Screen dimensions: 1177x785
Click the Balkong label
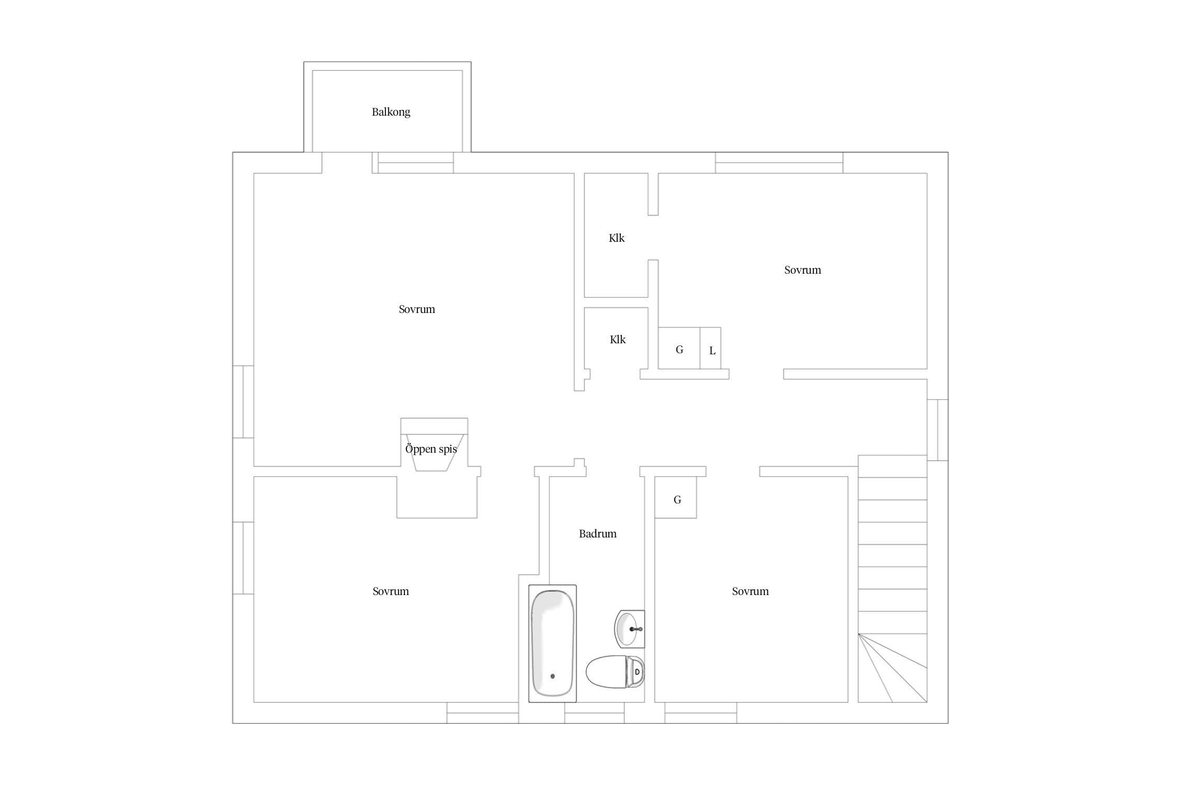[x=391, y=112]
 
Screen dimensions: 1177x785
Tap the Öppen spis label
[x=431, y=449]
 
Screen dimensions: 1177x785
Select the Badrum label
[x=597, y=534]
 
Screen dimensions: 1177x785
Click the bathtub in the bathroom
[x=552, y=643]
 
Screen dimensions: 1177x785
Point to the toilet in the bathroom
[x=615, y=671]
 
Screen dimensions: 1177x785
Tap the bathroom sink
[x=629, y=629]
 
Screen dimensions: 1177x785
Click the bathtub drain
[x=552, y=676]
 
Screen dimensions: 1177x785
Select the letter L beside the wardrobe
[x=712, y=351]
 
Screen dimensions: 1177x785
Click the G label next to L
[x=679, y=350]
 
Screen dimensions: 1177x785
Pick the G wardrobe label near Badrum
[x=677, y=500]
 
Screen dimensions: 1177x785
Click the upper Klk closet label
[x=617, y=238]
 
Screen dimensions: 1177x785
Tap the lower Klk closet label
[x=617, y=340]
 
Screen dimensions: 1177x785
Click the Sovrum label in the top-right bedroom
[x=802, y=270]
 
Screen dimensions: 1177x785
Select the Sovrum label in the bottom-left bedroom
[x=390, y=591]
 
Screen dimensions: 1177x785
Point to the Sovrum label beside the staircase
[x=750, y=591]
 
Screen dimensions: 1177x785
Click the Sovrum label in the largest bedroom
[x=416, y=309]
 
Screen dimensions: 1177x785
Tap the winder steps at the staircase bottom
[x=892, y=668]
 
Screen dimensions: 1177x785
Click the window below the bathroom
[x=594, y=713]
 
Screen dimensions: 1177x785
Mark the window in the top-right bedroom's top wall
[x=779, y=163]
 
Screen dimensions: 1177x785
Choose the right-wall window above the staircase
[x=937, y=430]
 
